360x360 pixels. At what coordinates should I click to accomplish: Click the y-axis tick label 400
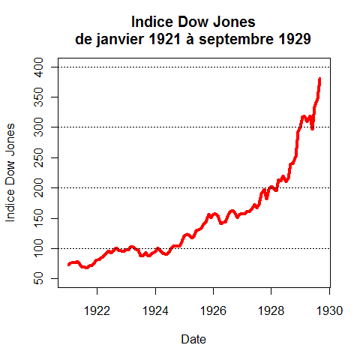click(x=38, y=67)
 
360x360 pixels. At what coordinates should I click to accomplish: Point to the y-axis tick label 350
click(x=38, y=97)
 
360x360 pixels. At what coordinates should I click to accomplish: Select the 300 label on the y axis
click(x=38, y=127)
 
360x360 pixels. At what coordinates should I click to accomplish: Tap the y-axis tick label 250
click(x=38, y=157)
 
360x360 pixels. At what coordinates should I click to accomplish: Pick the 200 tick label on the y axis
click(x=38, y=187)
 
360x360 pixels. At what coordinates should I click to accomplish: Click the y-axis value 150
click(x=38, y=218)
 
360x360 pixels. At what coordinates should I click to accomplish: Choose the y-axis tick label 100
click(x=38, y=248)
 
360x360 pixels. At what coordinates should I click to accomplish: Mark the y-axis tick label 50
click(x=38, y=278)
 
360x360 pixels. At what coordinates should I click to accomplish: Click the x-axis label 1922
click(x=97, y=311)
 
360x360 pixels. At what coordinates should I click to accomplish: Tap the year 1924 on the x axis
click(x=155, y=311)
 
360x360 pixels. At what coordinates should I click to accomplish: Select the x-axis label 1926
click(x=213, y=311)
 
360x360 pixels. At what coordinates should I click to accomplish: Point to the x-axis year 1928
click(x=271, y=311)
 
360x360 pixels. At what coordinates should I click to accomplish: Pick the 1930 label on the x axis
click(x=329, y=311)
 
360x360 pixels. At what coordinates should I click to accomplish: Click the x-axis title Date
click(x=193, y=339)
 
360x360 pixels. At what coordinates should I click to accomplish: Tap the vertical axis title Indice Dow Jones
click(x=10, y=172)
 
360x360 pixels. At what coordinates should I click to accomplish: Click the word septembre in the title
click(x=236, y=40)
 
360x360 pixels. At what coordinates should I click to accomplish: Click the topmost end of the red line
click(x=319, y=78)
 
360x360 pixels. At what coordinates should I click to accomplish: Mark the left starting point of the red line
click(x=69, y=265)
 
